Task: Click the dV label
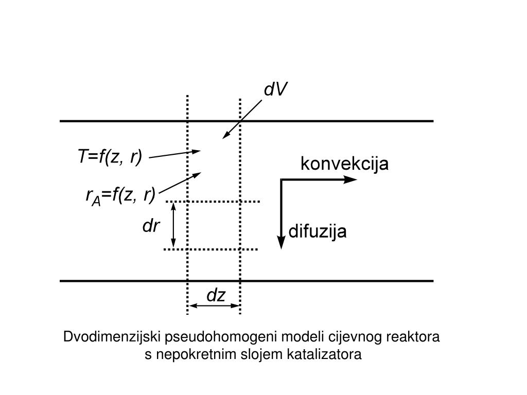275,89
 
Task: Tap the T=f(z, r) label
110,156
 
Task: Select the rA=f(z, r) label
120,195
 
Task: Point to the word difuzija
318,231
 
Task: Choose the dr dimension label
151,226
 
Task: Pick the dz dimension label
216,295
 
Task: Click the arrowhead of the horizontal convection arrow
350,179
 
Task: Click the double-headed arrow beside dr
173,225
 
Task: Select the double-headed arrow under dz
214,306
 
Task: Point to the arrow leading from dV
242,119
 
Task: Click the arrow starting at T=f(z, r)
174,154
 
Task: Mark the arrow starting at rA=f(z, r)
180,183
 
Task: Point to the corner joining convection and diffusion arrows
281,179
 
